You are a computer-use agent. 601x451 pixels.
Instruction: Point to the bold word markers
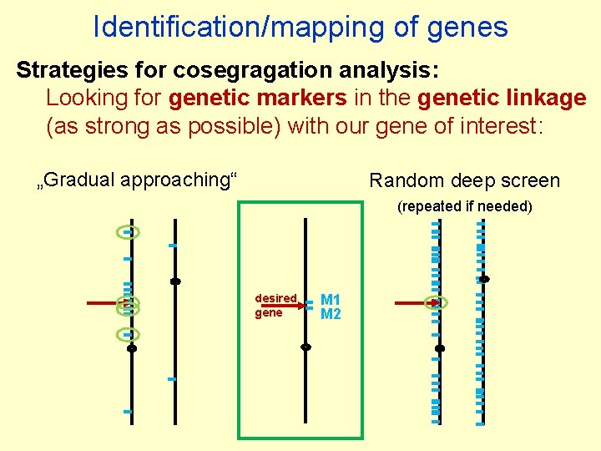tap(300, 98)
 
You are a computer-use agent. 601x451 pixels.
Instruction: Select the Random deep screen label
tap(464, 180)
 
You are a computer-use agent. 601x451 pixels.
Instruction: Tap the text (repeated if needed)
tap(464, 205)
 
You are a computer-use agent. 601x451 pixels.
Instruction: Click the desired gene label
tap(275, 305)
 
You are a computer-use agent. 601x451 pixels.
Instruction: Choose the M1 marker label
tap(331, 299)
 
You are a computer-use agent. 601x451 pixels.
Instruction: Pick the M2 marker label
tap(331, 314)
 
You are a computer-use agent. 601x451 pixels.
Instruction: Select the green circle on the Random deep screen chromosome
tap(437, 302)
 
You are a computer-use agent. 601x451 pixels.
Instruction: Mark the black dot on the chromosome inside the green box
tap(306, 346)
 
